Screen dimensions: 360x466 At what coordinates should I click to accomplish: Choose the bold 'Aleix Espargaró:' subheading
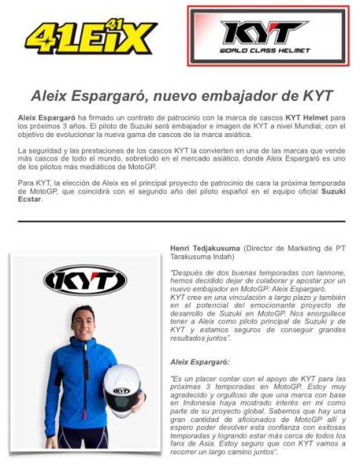tap(202, 362)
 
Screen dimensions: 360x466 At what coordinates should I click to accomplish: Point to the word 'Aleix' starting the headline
tap(51, 96)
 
